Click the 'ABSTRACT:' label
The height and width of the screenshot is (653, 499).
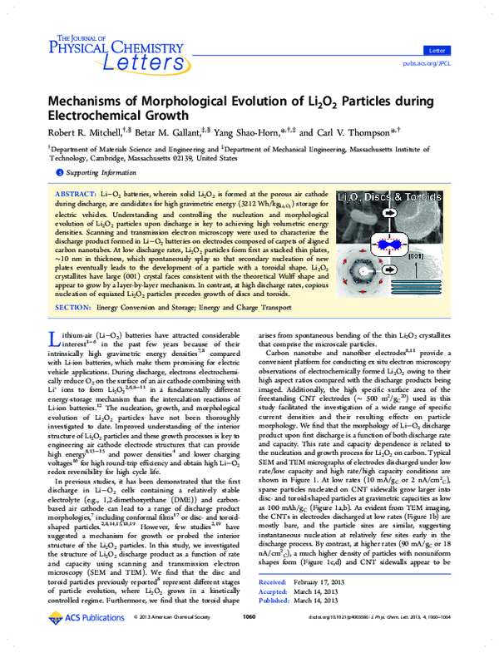coord(49,192)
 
